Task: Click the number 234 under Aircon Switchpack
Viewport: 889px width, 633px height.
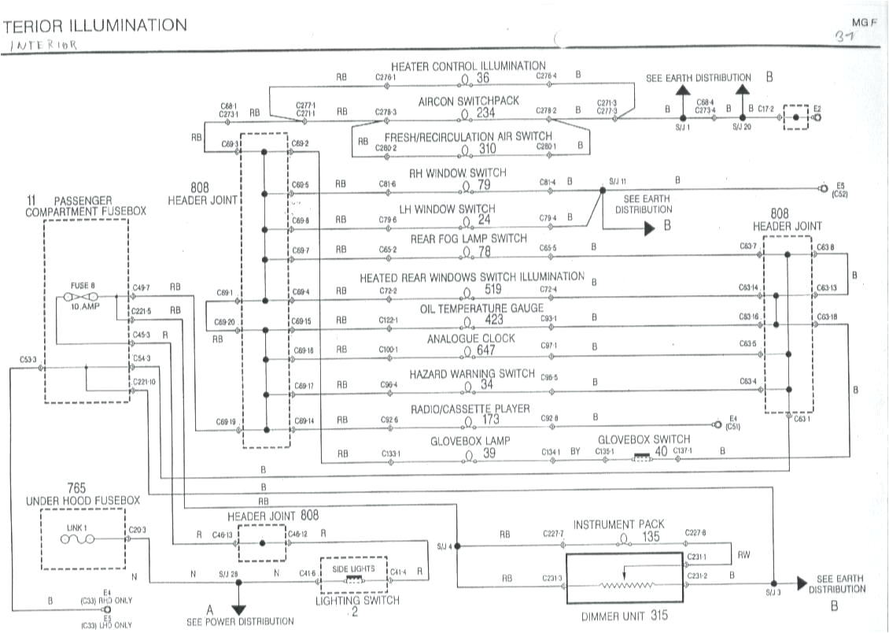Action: point(485,113)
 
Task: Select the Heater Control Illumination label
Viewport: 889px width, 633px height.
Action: point(467,66)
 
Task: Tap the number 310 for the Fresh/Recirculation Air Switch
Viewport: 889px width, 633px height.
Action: point(487,148)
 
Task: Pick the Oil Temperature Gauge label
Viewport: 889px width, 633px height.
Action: point(470,309)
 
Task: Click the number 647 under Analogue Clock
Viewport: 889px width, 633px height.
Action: point(486,350)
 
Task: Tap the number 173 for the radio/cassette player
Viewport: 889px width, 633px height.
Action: point(490,421)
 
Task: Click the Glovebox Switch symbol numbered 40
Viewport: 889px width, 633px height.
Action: point(643,454)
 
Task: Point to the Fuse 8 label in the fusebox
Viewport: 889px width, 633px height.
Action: point(82,286)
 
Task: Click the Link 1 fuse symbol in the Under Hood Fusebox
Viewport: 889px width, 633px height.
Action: point(78,539)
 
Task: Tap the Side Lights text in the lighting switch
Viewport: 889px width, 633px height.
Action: point(353,568)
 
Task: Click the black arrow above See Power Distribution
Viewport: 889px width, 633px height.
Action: point(238,609)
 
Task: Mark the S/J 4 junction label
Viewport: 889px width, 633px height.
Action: point(444,546)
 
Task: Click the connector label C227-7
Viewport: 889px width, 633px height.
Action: point(553,534)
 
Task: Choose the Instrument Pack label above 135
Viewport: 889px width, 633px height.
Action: point(618,524)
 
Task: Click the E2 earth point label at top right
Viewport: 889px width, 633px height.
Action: point(817,109)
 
